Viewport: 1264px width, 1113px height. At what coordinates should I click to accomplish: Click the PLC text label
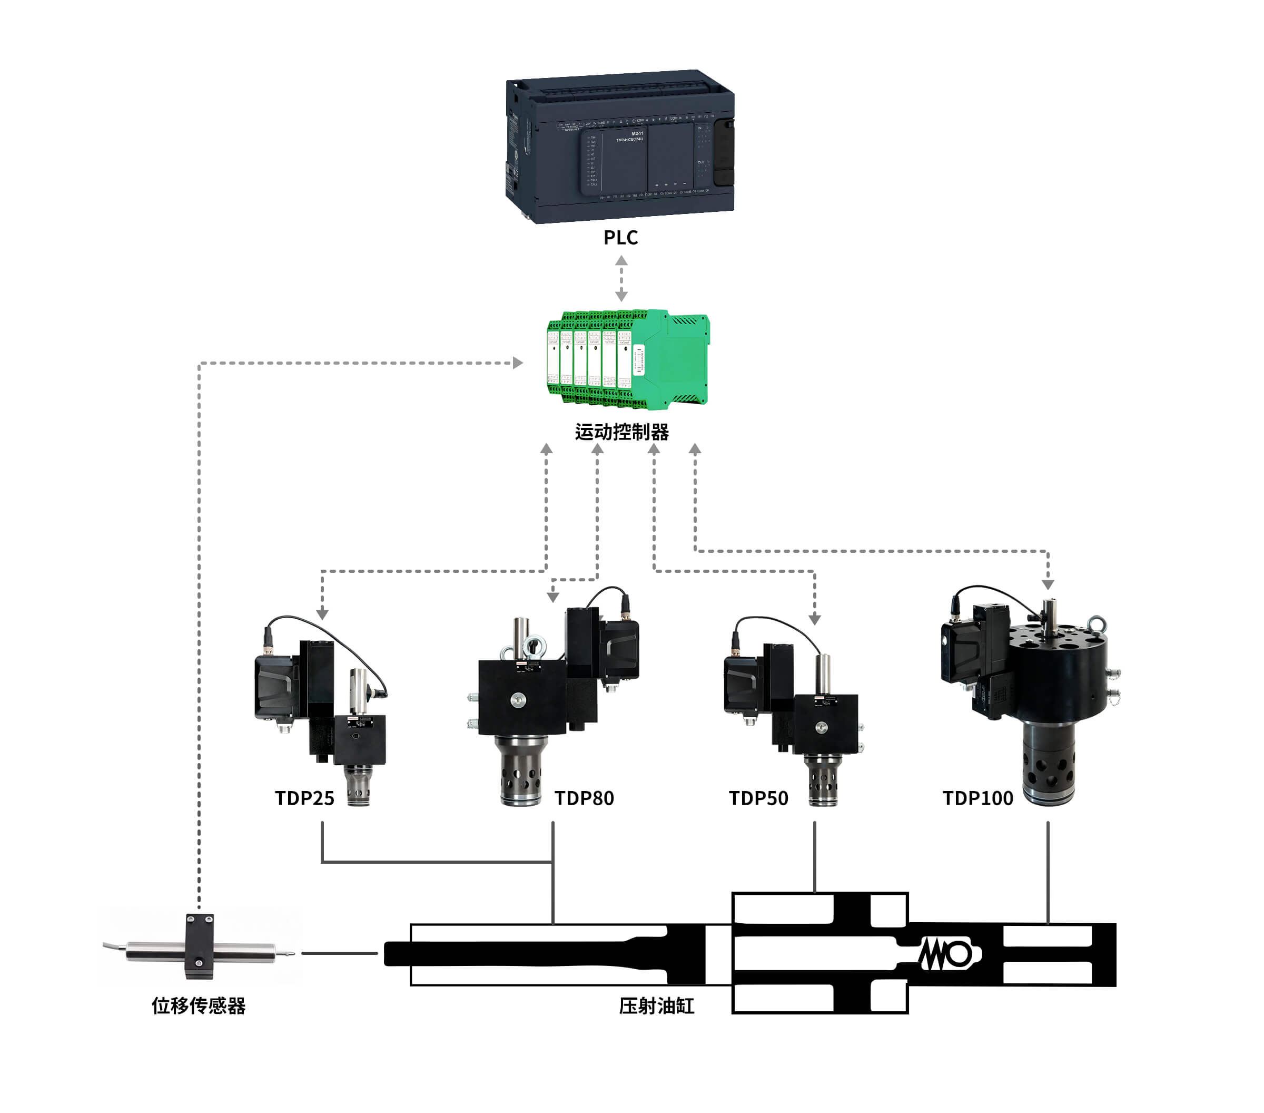pyautogui.click(x=620, y=238)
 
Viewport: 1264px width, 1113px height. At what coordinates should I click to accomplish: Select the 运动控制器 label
pyautogui.click(x=621, y=432)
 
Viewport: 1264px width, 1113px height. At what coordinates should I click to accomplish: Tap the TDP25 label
pyautogui.click(x=304, y=798)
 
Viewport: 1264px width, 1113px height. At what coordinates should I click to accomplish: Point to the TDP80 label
pyautogui.click(x=584, y=798)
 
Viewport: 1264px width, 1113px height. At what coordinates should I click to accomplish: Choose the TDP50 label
pyautogui.click(x=758, y=798)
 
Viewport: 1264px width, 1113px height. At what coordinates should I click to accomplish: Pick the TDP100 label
pyautogui.click(x=977, y=798)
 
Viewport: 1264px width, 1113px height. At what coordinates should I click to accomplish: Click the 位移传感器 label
pyautogui.click(x=199, y=1005)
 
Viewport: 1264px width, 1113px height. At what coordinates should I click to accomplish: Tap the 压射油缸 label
pyautogui.click(x=656, y=1005)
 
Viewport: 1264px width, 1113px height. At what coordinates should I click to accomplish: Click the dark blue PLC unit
pyautogui.click(x=620, y=147)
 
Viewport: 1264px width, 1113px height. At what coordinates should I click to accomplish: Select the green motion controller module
pyautogui.click(x=628, y=359)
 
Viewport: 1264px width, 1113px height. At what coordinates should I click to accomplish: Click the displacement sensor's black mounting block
pyautogui.click(x=200, y=946)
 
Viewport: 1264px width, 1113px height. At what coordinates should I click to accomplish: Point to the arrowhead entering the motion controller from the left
pyautogui.click(x=518, y=363)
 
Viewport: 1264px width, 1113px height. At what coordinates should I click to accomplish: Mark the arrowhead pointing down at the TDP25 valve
pyautogui.click(x=322, y=614)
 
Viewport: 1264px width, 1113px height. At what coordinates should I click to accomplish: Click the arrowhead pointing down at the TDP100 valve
pyautogui.click(x=1048, y=584)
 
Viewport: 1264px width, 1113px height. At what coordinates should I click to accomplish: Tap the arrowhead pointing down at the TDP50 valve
pyautogui.click(x=814, y=619)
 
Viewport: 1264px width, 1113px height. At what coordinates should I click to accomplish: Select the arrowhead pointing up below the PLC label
pyautogui.click(x=621, y=260)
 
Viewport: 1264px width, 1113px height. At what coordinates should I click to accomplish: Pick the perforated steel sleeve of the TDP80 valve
pyautogui.click(x=521, y=771)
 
